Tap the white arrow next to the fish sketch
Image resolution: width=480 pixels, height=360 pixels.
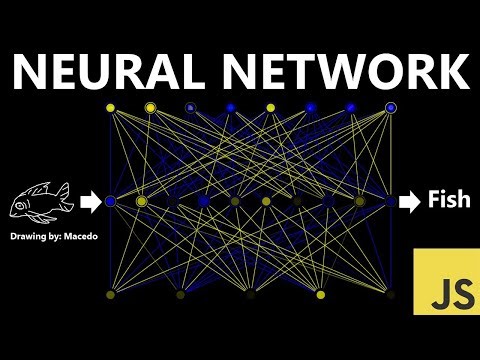[x=90, y=202]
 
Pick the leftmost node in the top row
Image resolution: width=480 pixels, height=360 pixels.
[x=110, y=107]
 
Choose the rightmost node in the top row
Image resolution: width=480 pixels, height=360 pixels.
[x=391, y=107]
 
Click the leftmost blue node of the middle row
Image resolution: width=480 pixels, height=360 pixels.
[x=110, y=202]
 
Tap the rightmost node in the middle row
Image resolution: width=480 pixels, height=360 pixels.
[x=391, y=202]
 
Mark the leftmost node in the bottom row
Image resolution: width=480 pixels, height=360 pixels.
[x=110, y=295]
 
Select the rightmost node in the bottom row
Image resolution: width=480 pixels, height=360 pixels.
[x=391, y=295]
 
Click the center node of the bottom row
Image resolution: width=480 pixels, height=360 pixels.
[x=250, y=295]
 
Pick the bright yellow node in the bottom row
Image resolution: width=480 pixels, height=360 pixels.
[x=320, y=295]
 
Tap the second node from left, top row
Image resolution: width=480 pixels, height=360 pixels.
[x=150, y=107]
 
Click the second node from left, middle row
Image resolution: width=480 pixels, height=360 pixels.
[x=141, y=202]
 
